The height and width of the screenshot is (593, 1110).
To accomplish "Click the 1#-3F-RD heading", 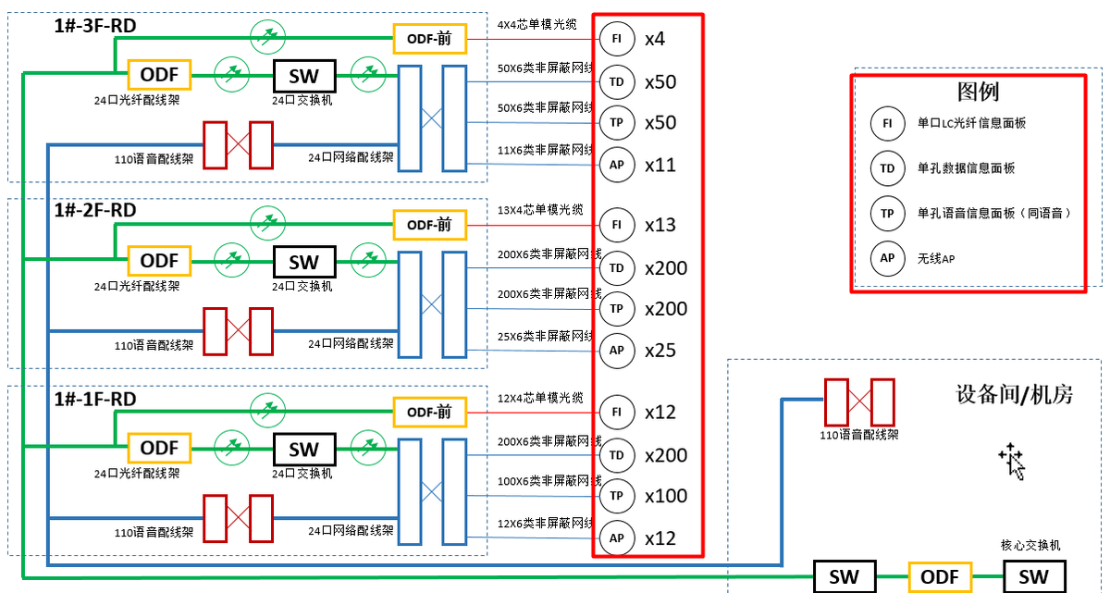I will (x=95, y=26).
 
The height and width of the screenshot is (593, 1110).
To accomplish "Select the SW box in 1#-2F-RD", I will (x=304, y=262).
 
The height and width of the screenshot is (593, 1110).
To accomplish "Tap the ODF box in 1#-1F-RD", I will (x=159, y=449).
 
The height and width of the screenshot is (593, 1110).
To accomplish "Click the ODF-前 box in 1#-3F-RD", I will (x=429, y=39).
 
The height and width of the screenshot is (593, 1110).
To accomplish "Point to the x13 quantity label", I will (x=660, y=225).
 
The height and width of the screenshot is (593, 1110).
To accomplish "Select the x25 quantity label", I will (x=660, y=351).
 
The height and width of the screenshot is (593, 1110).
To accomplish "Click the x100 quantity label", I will (x=666, y=496).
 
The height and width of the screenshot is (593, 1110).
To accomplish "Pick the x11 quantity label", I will (x=660, y=166).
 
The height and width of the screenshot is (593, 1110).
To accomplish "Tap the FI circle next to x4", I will (x=617, y=39).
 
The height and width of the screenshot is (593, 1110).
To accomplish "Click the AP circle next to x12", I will (x=617, y=537).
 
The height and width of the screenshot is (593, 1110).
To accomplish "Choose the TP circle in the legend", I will (x=887, y=213).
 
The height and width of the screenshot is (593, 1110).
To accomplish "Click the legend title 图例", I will (x=978, y=93).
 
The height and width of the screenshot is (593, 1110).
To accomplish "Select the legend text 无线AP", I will (x=936, y=259).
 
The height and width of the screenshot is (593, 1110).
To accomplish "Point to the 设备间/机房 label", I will (x=1015, y=395).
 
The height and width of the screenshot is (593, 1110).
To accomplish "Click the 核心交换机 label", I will (x=1030, y=546).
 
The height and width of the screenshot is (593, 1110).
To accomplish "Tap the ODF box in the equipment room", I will (x=940, y=577).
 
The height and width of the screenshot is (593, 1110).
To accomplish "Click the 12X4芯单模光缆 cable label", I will (x=540, y=397).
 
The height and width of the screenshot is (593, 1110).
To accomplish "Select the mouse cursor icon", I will (x=1012, y=461).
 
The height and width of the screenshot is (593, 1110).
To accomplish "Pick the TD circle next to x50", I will (x=617, y=81).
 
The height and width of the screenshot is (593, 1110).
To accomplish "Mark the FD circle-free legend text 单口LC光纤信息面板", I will (x=971, y=123).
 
